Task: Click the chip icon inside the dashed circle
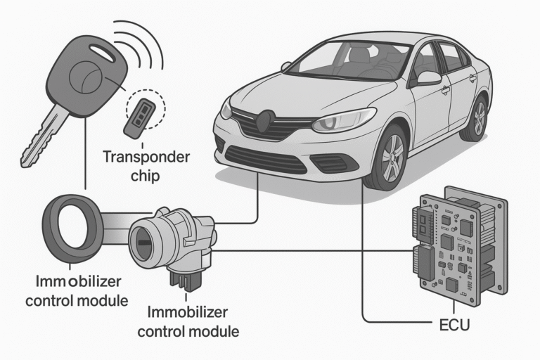(140, 116)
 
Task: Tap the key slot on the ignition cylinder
(145, 243)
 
